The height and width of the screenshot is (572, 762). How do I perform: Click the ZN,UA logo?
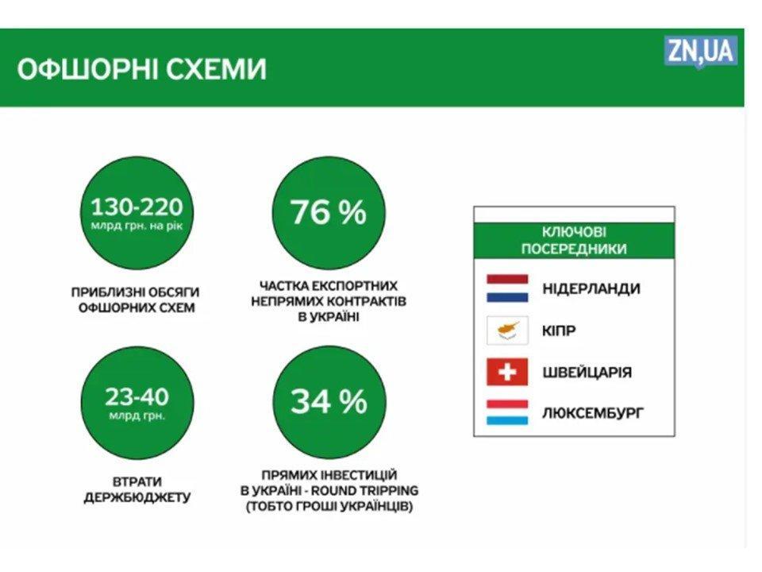(700, 52)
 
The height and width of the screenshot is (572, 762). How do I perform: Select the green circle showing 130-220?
(137, 213)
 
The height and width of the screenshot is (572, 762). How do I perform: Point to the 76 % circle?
(329, 213)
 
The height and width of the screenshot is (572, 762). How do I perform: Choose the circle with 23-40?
(137, 402)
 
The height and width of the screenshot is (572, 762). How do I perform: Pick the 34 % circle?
(329, 402)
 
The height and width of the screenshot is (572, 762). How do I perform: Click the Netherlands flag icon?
(507, 288)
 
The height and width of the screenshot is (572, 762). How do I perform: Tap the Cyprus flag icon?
(507, 330)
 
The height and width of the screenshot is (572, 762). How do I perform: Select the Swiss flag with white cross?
(507, 372)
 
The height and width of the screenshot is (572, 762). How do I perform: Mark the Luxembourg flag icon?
(507, 412)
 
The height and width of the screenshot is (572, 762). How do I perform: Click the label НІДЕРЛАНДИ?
(591, 288)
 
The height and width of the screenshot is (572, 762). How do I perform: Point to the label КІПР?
(559, 330)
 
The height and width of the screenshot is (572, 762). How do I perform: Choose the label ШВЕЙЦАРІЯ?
(587, 373)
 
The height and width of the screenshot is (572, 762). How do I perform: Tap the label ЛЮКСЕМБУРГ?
(593, 413)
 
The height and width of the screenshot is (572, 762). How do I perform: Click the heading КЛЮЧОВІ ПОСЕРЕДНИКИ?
(574, 240)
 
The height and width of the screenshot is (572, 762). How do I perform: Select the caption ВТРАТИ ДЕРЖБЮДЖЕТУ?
(137, 489)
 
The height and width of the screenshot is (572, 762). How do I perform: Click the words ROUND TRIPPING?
(370, 490)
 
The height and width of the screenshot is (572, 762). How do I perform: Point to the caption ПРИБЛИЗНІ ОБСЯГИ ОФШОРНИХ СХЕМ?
(136, 300)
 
